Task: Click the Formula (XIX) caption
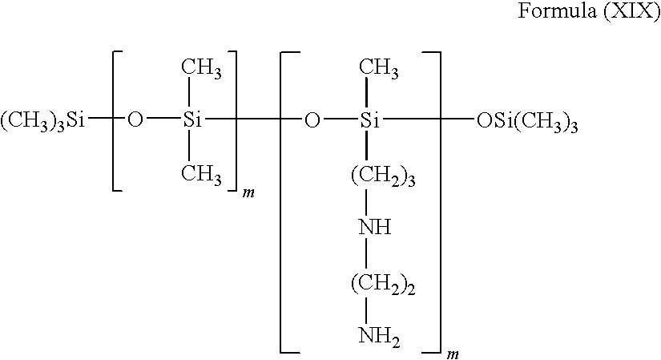coord(589,11)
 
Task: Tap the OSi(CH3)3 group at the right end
coord(527,123)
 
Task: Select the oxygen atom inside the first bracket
coord(135,121)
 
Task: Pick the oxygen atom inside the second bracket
coord(312,121)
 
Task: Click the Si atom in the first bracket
coord(192,121)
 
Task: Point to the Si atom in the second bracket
coord(369,121)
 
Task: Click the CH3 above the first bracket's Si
coord(201,68)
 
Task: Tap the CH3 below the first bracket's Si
coord(201,174)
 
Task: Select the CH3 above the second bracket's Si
coord(378,68)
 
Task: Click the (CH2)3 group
coord(383,176)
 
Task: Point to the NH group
coord(375,228)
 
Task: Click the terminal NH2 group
coord(379,337)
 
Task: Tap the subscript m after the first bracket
coord(248,194)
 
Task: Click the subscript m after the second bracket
coord(453,354)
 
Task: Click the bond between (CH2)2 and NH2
coord(366,310)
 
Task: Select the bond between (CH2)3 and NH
coord(366,202)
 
